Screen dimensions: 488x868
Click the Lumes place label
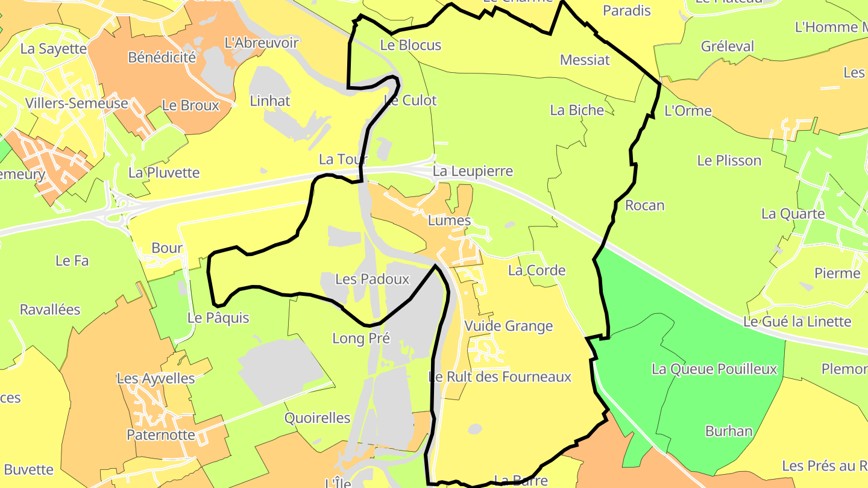(449, 221)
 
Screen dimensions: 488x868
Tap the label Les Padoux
(372, 279)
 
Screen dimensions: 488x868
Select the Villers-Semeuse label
(77, 103)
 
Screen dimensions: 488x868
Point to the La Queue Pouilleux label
(714, 369)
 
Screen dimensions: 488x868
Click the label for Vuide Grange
(508, 326)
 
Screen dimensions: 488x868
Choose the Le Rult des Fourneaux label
(500, 377)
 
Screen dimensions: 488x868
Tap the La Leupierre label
(473, 171)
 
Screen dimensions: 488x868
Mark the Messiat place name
(585, 60)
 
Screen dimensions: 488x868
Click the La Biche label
(577, 110)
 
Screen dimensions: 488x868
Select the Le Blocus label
(410, 45)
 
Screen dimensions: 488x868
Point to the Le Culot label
(410, 100)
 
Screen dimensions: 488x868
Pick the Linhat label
(270, 101)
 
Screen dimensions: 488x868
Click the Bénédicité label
(162, 57)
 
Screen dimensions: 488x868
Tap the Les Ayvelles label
(156, 378)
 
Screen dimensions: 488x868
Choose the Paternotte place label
(160, 434)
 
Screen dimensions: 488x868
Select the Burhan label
(729, 431)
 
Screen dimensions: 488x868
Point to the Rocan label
(644, 205)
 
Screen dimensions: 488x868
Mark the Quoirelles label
(317, 418)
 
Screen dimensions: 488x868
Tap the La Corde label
(536, 270)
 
